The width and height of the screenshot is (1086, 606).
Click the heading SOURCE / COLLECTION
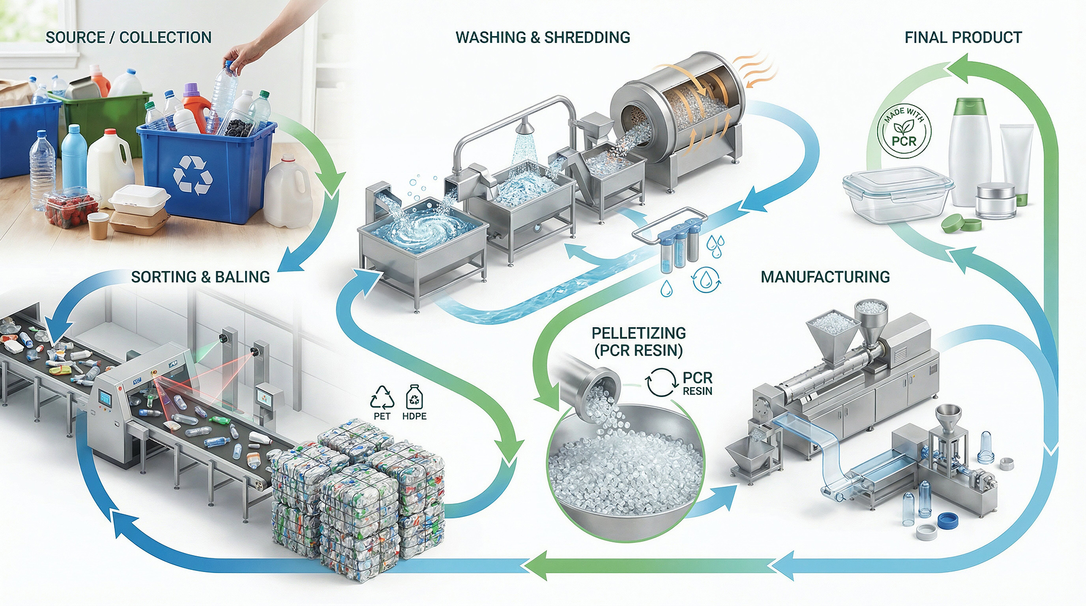click(128, 38)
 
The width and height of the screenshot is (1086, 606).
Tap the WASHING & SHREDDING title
click(542, 38)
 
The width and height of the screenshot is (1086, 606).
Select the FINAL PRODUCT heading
click(963, 38)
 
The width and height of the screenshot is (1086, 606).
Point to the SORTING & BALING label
click(200, 277)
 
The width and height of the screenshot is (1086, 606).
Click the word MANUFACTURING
click(825, 277)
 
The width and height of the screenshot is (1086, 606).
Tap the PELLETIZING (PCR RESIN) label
click(638, 341)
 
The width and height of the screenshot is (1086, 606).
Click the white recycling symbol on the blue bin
click(193, 174)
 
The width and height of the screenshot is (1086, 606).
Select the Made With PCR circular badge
click(904, 131)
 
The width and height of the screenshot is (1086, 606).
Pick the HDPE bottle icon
click(414, 397)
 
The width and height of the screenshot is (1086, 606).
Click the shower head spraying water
click(524, 127)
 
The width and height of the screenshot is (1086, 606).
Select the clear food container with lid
click(897, 194)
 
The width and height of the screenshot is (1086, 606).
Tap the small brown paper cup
click(98, 225)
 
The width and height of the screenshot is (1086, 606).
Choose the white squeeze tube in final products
click(1016, 159)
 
